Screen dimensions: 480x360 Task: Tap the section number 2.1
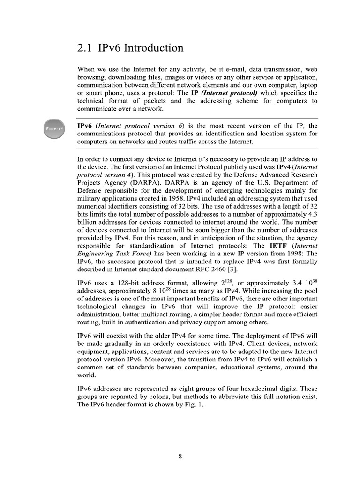85,48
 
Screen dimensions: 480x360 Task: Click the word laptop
307,85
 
